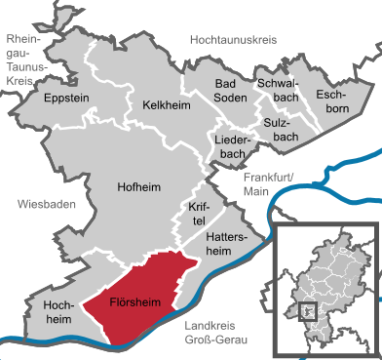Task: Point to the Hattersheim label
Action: (x=230, y=243)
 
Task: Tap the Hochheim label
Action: (x=59, y=312)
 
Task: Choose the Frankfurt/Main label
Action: (x=269, y=183)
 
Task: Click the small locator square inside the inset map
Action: (x=309, y=310)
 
